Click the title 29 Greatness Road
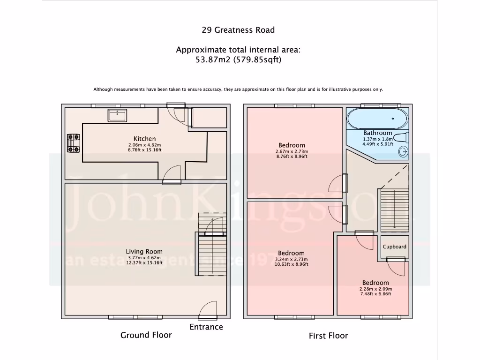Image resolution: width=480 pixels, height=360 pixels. [238, 30]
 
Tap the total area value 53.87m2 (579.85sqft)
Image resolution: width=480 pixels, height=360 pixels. [238, 60]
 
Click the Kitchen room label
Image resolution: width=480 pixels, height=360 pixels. [145, 139]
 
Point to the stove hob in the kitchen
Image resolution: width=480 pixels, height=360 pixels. [73, 143]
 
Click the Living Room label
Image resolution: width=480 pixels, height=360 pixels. [144, 252]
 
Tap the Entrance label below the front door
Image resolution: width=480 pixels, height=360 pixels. [206, 327]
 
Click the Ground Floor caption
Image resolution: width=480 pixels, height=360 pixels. [146, 335]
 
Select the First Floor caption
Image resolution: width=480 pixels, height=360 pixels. [328, 336]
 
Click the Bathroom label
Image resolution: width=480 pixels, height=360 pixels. [377, 133]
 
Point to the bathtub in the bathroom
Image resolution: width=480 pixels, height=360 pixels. [377, 119]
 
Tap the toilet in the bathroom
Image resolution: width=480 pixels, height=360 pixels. [401, 138]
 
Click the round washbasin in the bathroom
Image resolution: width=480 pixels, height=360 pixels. [402, 152]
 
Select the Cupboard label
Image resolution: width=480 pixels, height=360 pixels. [394, 247]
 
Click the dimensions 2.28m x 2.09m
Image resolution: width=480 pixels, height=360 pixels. [375, 289]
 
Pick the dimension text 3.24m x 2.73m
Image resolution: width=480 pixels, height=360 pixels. [291, 259]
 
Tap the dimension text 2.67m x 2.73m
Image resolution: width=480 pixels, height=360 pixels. [291, 151]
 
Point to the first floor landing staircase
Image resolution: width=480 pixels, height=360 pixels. [394, 209]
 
